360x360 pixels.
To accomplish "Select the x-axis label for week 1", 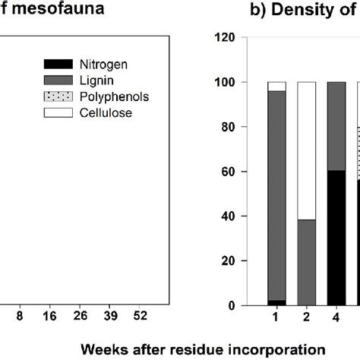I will click(276, 319).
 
